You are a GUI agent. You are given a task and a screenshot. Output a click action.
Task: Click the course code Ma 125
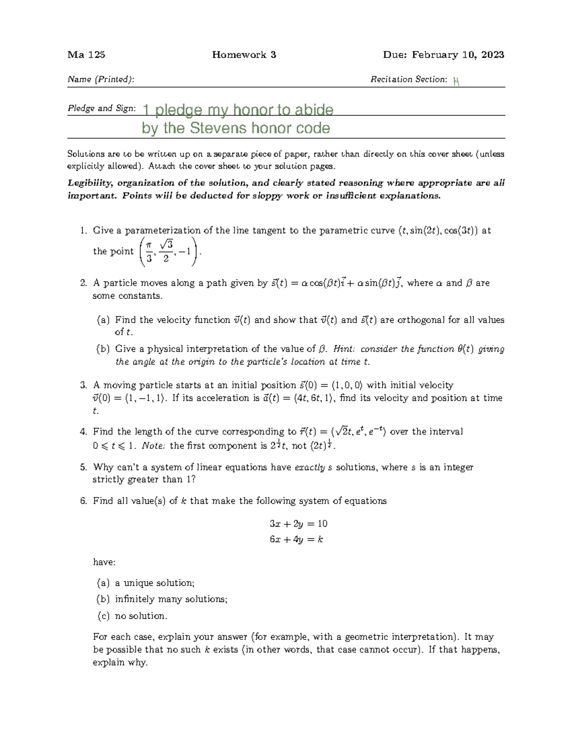pos(86,55)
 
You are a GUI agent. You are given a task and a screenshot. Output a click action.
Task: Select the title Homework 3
pos(244,55)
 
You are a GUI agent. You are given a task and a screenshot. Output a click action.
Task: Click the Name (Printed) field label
pos(101,80)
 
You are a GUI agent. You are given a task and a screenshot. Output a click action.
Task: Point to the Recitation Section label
pos(409,80)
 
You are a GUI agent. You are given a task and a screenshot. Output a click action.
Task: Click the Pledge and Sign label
pos(101,109)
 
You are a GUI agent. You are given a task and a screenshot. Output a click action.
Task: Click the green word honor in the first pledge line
pos(249,110)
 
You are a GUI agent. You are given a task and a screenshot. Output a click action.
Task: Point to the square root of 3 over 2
pos(165,251)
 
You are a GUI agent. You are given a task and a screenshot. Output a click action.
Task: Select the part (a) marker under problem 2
pos(103,320)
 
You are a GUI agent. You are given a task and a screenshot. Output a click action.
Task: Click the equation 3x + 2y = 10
pos(298,524)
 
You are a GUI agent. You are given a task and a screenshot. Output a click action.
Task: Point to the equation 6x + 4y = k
pos(296,540)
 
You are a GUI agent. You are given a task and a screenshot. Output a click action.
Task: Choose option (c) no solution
pos(132,616)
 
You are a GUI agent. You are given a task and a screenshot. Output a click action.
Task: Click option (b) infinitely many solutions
pos(162,599)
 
